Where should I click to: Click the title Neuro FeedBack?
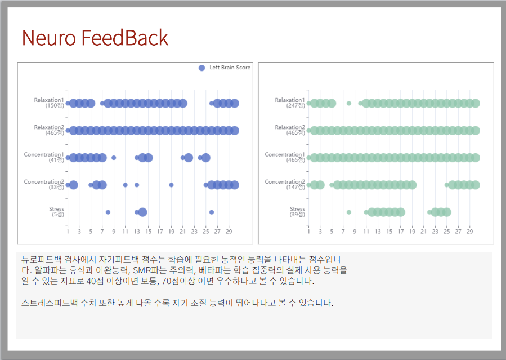click(95, 38)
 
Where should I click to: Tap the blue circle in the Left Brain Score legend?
click(201, 68)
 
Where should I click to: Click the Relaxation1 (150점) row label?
click(49, 103)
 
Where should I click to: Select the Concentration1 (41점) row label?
click(44, 157)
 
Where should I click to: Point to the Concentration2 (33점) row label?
click(44, 184)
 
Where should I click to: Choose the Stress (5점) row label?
click(57, 211)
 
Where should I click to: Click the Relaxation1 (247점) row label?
click(290, 103)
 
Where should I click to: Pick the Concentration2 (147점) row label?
click(285, 184)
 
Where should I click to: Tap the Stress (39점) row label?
click(297, 211)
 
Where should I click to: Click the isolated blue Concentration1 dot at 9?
click(114, 158)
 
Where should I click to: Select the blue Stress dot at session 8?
click(108, 212)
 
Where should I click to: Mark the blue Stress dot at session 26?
click(212, 212)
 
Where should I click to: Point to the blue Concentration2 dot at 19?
click(171, 185)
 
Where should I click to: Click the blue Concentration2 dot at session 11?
click(125, 185)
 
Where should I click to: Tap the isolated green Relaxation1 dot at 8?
click(349, 103)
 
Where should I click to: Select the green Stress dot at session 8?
click(349, 212)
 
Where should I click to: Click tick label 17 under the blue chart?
click(160, 232)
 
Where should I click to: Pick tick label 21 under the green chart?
click(423, 232)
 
